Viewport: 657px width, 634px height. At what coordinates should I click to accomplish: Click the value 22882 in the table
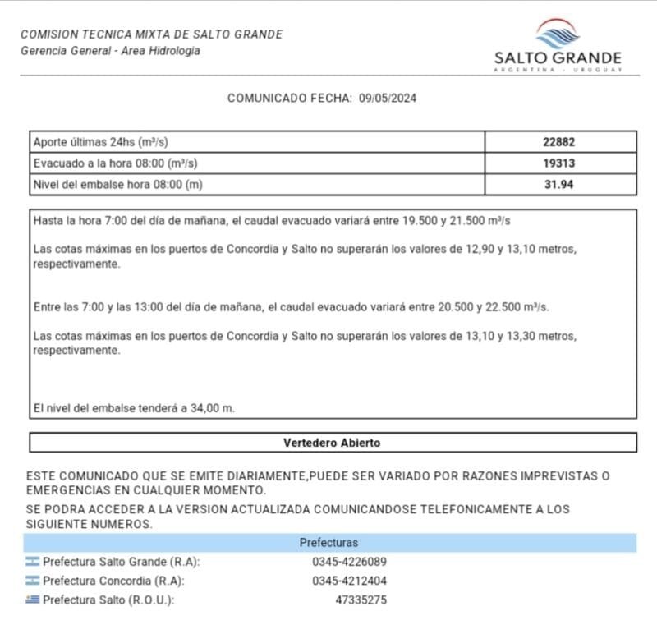559,142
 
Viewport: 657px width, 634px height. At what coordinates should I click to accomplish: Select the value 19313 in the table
559,163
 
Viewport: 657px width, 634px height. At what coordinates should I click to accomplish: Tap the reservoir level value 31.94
559,185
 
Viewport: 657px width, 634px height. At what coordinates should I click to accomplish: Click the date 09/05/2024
388,98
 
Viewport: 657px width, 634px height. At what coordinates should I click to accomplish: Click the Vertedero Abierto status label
332,443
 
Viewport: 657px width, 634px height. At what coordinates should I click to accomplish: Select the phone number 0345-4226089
349,563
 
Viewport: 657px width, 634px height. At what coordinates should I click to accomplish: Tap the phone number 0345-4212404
349,581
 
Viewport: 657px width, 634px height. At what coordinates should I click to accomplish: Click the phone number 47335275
361,600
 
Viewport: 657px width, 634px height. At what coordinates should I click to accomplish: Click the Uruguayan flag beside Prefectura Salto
33,600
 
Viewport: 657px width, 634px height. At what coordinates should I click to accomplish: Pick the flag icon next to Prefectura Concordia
33,581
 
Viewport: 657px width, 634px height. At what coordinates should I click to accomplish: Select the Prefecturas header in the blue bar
328,543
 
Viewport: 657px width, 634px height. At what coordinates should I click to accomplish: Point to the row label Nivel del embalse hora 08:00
117,185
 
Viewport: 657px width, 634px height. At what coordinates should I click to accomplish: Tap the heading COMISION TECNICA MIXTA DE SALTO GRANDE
151,34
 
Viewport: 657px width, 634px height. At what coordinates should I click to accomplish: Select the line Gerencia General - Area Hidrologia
110,51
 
